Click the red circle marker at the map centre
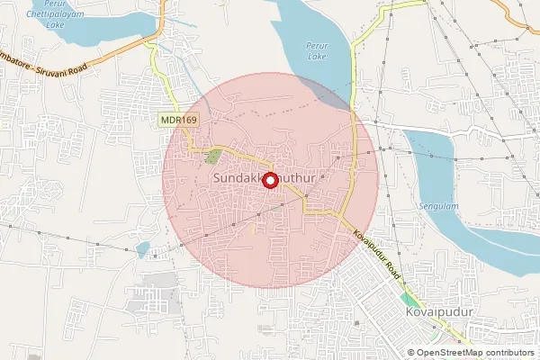(x=268, y=180)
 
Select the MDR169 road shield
(x=178, y=119)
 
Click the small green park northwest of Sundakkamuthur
(x=212, y=157)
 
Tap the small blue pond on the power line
(x=141, y=249)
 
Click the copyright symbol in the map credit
(x=411, y=353)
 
